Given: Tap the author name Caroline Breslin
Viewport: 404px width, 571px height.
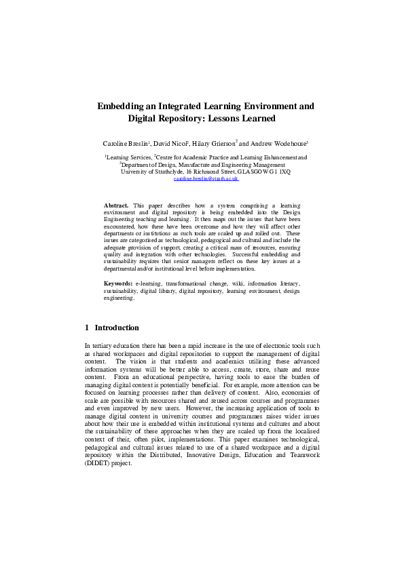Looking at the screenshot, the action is click(126, 144).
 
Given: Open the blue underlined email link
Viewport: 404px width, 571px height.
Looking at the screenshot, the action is click(206, 179).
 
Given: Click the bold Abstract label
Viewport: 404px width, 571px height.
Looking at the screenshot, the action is click(116, 205).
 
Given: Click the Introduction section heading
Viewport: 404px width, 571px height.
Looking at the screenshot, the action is click(117, 328).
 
